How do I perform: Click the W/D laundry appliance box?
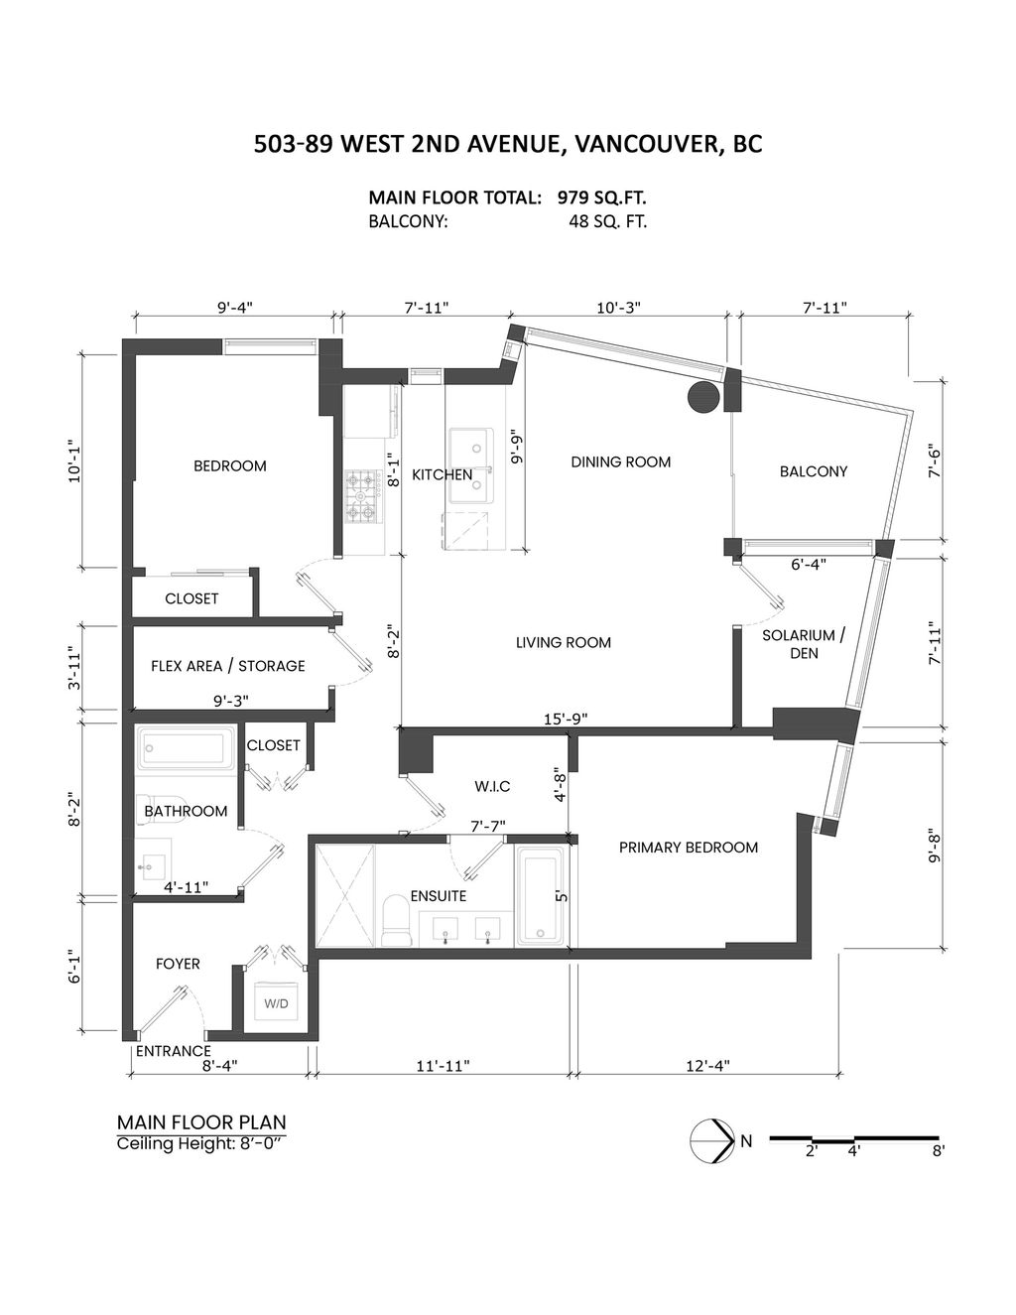point(276,1004)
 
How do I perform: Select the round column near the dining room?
point(703,397)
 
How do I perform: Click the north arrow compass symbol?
point(711,1140)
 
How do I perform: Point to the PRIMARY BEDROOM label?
point(689,848)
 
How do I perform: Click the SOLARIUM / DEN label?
point(804,644)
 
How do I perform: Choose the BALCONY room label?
point(814,472)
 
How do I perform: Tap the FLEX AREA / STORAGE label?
point(228,666)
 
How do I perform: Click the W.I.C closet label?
point(492,787)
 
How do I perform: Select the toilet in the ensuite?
point(396,920)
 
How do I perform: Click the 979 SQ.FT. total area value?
point(602,197)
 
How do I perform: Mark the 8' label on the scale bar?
point(938,1152)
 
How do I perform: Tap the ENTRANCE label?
point(174,1051)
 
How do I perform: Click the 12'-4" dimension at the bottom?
point(707,1067)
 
